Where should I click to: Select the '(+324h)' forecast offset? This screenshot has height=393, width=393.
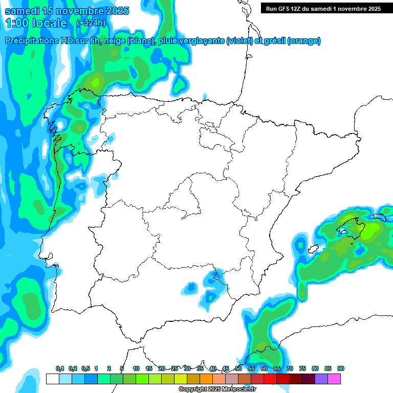point(91,23)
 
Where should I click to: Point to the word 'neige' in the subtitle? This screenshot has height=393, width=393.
point(115,41)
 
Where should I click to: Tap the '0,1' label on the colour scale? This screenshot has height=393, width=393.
point(60,369)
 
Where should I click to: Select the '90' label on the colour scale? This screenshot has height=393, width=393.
point(340,369)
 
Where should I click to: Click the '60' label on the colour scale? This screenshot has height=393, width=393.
point(264,369)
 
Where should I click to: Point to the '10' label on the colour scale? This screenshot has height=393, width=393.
point(136,369)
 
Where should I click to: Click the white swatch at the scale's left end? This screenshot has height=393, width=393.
point(52,379)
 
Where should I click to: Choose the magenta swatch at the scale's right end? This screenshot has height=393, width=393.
point(334,379)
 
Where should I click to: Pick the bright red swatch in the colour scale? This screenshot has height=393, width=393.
point(270,379)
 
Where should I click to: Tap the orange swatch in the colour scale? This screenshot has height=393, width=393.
point(206,379)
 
